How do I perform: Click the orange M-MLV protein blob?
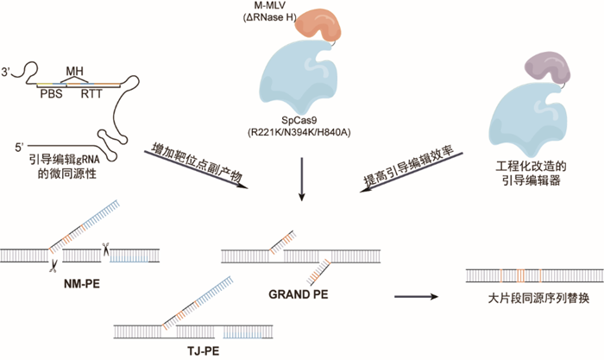click(318, 24)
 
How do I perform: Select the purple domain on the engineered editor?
click(547, 68)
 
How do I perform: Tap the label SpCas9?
click(299, 121)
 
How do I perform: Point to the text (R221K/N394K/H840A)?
click(299, 133)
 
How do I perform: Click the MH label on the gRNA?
click(74, 72)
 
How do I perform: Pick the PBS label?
click(51, 93)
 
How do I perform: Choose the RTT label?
click(91, 93)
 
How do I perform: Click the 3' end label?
click(6, 72)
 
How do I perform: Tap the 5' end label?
click(19, 147)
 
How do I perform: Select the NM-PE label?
click(82, 284)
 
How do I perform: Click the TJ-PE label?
click(204, 351)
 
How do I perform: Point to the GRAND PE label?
click(299, 294)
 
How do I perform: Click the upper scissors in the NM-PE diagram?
click(105, 249)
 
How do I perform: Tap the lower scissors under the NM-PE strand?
click(53, 266)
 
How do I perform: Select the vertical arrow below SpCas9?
click(302, 180)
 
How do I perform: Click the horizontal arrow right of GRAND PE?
click(417, 296)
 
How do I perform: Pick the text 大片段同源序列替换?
click(538, 299)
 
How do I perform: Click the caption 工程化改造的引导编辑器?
click(532, 174)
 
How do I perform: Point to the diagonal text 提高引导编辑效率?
click(409, 166)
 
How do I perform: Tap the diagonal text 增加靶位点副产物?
click(198, 162)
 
